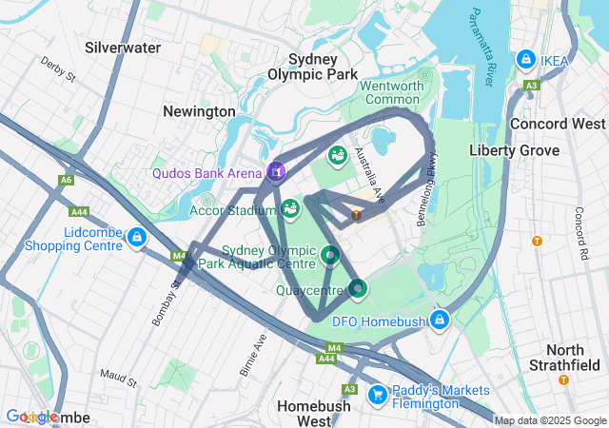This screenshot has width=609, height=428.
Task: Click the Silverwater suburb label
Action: pos(123,47)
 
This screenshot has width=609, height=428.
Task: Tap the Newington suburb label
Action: pos(199,111)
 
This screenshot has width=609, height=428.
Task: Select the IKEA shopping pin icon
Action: pos(525,61)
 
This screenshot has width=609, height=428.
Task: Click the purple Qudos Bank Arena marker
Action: pos(275,171)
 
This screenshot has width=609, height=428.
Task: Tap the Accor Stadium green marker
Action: pos(290,207)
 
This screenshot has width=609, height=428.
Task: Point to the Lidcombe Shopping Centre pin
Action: pos(138,237)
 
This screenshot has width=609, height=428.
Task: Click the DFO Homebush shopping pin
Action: pos(439,320)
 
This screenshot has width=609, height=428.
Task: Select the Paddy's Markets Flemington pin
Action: pos(377,393)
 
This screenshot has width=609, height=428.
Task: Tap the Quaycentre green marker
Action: pos(357,286)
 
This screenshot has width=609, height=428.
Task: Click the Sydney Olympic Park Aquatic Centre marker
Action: pos(329,254)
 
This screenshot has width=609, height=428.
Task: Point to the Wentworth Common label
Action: pos(391,92)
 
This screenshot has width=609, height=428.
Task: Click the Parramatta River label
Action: pos(480,48)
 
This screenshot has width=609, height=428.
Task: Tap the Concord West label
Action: pos(558,124)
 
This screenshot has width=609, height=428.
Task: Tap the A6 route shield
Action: pos(66,180)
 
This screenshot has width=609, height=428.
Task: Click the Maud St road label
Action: pos(118,379)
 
